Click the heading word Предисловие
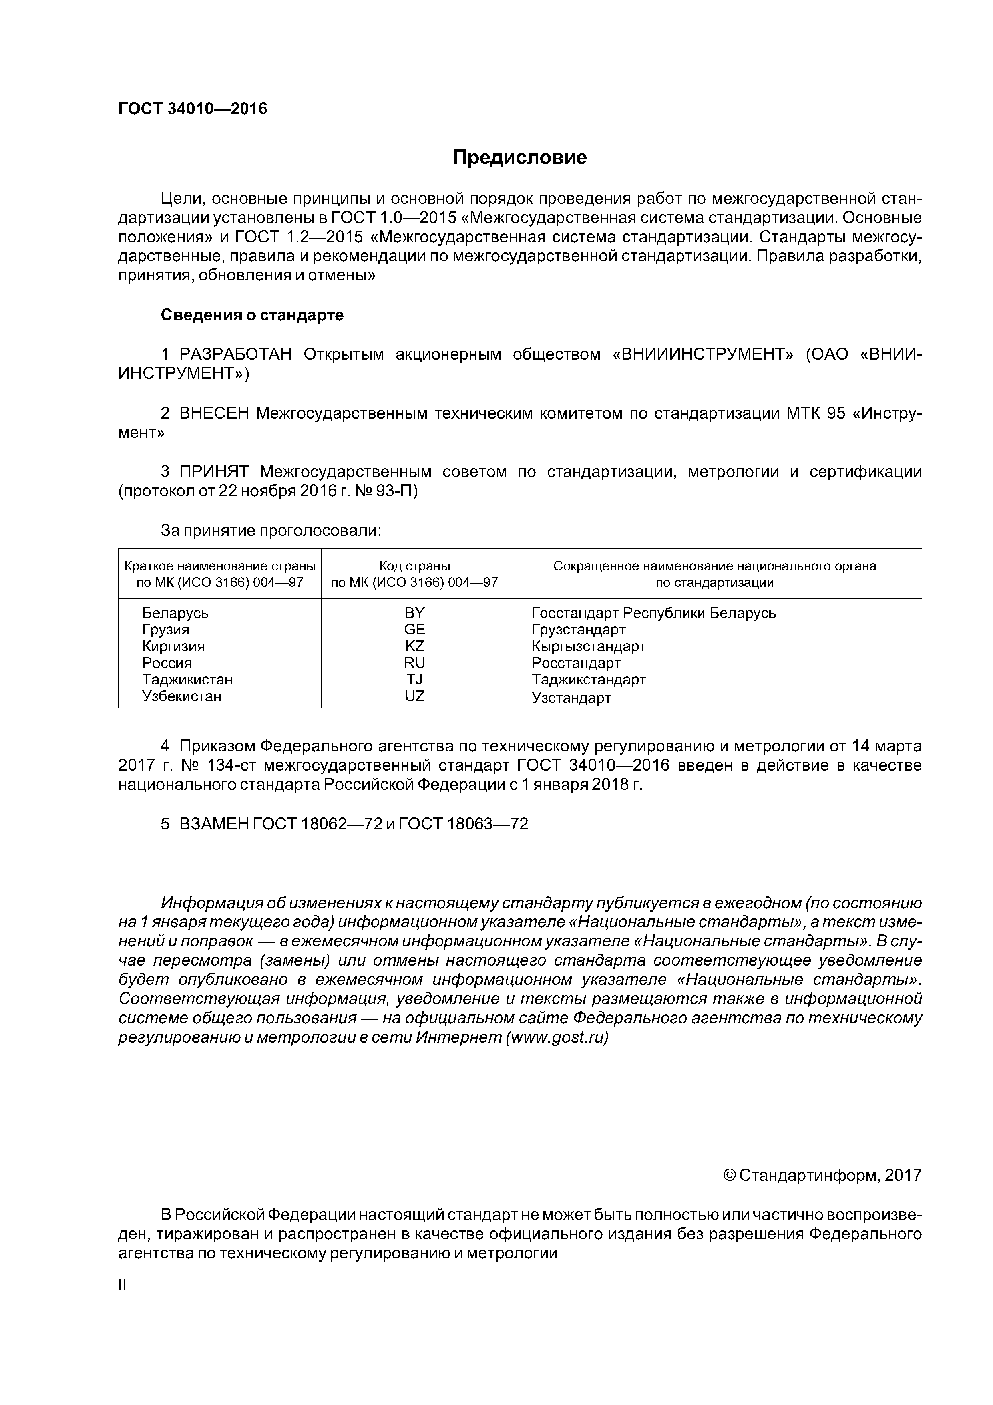519,158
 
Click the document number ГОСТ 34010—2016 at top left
193,109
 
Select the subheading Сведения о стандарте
252,315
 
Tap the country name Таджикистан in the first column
187,680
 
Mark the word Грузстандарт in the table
578,630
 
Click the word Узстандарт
571,698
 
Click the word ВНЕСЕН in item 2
214,414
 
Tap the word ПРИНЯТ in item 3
214,472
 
